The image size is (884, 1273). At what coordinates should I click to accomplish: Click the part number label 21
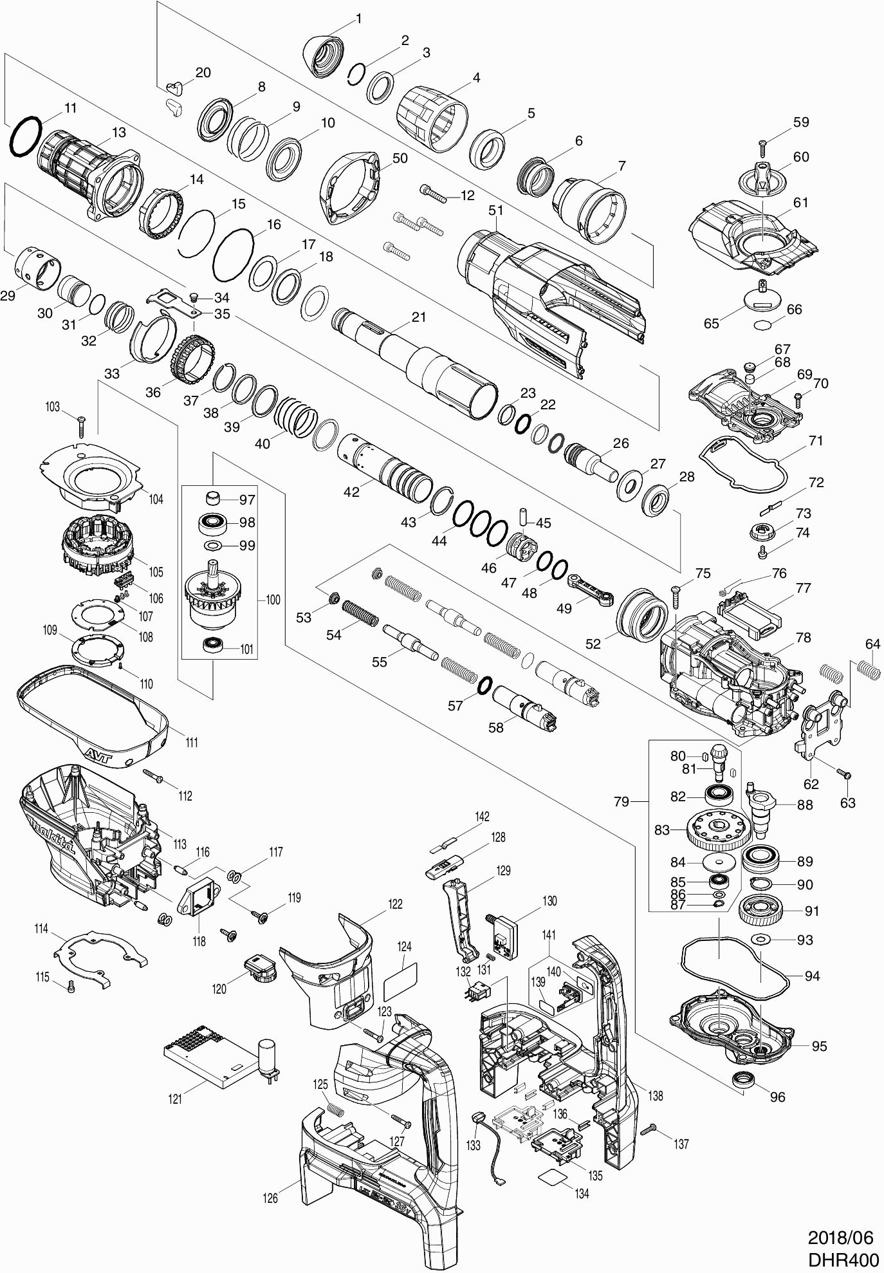[x=419, y=317]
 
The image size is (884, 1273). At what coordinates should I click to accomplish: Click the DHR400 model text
[x=843, y=1259]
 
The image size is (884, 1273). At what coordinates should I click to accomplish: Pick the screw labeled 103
[x=82, y=427]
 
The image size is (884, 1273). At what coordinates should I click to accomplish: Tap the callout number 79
[x=621, y=802]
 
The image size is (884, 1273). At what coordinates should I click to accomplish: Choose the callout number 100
[x=273, y=600]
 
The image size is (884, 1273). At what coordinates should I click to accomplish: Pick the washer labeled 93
[x=761, y=940]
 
